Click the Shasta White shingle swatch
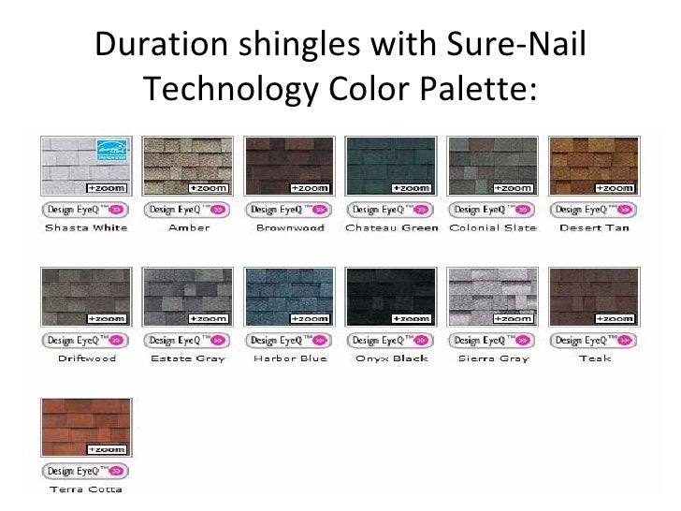[x=86, y=167]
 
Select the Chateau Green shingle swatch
[x=391, y=167]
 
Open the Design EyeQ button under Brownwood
[x=289, y=210]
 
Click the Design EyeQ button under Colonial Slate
[x=492, y=210]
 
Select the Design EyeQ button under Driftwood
[x=86, y=341]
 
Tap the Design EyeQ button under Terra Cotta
[x=86, y=471]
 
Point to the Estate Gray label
[x=188, y=358]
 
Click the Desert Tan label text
[x=594, y=227]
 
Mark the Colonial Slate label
[x=492, y=227]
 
